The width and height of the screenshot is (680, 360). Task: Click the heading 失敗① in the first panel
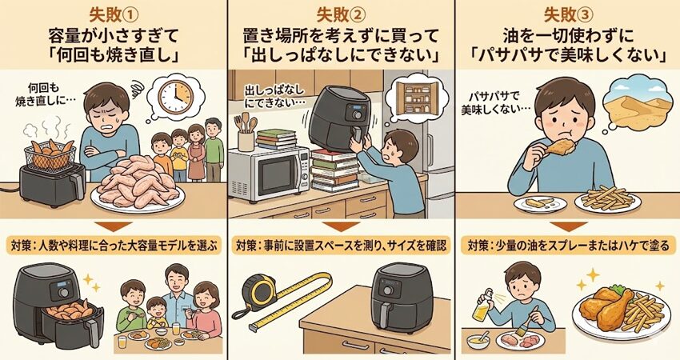pos(114,16)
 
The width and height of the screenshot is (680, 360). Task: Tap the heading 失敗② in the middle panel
pos(341,16)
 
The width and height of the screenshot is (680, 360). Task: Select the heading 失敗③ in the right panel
pos(568,16)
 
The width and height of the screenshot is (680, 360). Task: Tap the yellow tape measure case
pos(259,290)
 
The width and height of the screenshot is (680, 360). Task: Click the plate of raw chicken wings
pos(138,185)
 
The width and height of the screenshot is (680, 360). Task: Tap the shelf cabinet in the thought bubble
pos(416,99)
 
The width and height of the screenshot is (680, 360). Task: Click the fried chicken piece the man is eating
pos(560,147)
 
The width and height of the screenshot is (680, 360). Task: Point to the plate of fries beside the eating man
pos(607,200)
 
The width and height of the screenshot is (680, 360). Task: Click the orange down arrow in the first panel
pos(114,227)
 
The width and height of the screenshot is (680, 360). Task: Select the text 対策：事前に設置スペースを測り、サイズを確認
pos(341,246)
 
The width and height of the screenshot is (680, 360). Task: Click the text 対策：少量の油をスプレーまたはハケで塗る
pos(568,246)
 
